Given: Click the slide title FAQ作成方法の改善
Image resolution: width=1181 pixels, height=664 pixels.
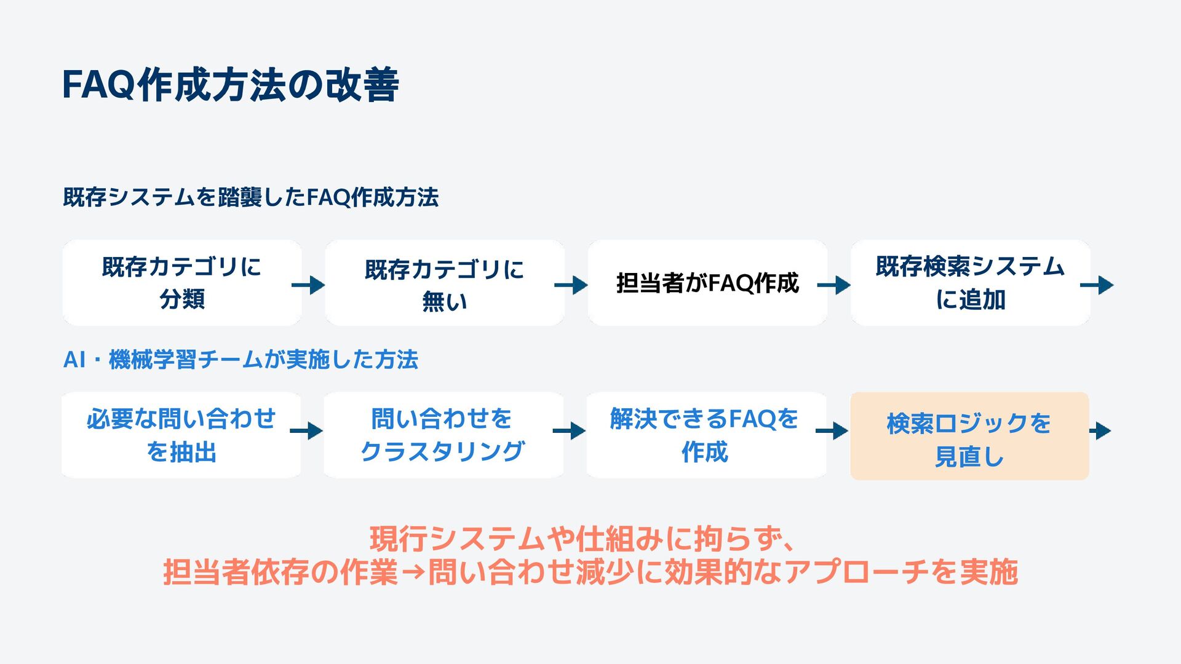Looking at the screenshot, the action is pos(231,85).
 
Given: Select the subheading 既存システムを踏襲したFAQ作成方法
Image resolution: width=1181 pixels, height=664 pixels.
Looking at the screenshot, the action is pos(250,197).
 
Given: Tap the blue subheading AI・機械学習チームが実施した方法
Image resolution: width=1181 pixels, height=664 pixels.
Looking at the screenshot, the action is pos(241,360).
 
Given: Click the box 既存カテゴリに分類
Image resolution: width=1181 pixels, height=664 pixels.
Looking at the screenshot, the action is pos(181,283).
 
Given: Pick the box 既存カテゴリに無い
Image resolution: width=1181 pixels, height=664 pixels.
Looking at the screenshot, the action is pos(444,283).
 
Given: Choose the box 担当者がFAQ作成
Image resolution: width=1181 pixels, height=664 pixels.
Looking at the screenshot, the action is pos(707,283).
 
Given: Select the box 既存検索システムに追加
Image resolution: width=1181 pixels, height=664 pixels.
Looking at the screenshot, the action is pos(970,283).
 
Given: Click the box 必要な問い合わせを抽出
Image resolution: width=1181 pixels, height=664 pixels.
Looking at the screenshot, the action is pos(181,435).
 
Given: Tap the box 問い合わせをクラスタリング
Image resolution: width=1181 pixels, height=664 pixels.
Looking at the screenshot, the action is pos(443,435).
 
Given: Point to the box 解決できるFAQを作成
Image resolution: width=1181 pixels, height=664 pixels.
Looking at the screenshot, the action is pos(706,435).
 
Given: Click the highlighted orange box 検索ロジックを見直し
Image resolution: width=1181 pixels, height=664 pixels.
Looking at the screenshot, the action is pos(969,437).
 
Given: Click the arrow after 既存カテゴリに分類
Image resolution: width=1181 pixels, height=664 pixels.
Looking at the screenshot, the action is pos(308,285).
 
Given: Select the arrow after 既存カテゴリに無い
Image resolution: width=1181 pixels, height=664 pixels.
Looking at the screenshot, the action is pos(571,285).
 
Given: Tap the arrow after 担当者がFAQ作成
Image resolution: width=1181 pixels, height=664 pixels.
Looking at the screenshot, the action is pos(834,285).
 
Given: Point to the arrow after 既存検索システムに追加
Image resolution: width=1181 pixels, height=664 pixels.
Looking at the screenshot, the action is pos(1097,285).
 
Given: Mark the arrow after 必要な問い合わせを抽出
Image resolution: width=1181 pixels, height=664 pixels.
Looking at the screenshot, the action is pos(306,431).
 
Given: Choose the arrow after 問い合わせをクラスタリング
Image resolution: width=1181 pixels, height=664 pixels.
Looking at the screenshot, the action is pos(569,431).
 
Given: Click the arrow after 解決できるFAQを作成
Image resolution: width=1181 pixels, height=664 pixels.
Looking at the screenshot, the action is pos(832,431).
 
